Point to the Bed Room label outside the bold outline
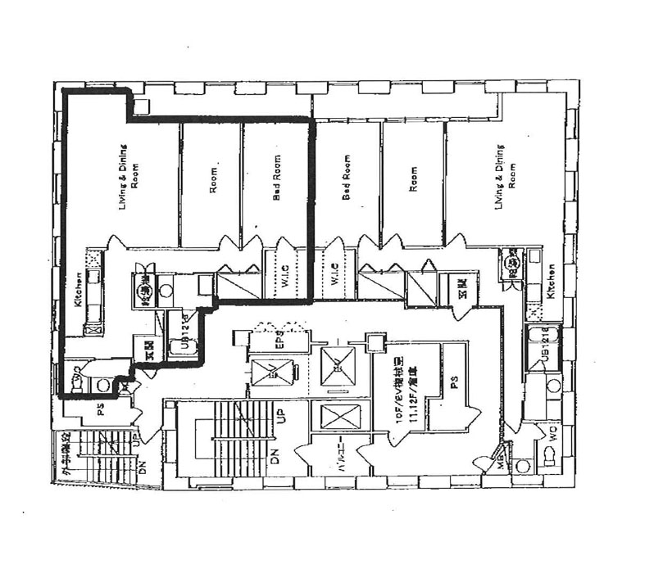click(x=346, y=178)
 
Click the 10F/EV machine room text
click(x=393, y=392)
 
